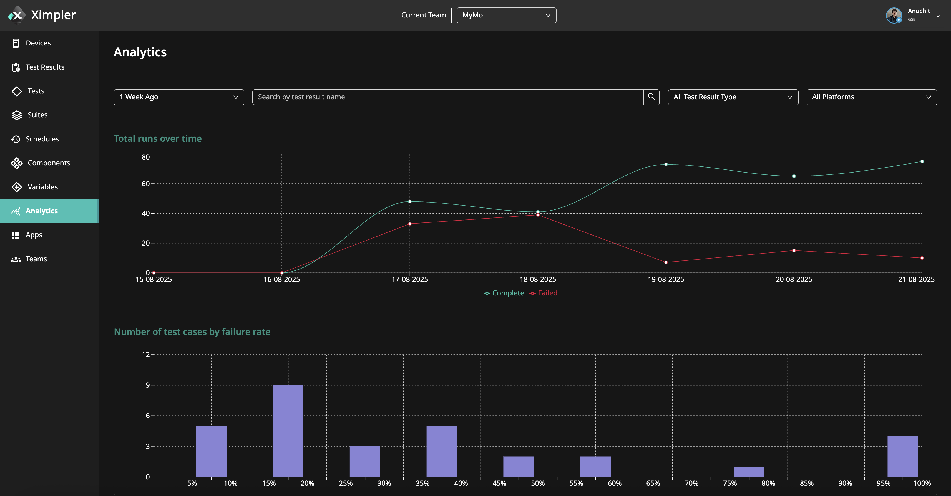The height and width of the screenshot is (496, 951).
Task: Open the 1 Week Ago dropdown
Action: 179,97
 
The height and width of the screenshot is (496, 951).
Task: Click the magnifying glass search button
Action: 651,97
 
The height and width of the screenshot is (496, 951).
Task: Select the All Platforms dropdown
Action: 871,97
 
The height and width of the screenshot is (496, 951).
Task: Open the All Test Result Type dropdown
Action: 733,97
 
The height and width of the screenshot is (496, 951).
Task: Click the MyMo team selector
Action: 506,15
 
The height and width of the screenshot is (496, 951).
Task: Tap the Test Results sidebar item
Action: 45,67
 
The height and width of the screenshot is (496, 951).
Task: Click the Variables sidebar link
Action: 42,187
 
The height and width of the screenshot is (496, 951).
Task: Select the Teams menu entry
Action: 36,259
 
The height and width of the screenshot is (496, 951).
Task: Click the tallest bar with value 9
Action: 288,431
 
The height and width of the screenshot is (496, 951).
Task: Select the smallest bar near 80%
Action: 749,472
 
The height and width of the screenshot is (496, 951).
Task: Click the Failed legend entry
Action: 544,293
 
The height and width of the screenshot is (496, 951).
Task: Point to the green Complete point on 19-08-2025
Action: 666,164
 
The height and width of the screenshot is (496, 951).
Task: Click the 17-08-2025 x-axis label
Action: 410,279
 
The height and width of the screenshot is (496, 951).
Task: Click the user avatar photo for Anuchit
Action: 894,15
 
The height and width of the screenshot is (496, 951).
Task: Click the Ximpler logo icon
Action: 17,15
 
